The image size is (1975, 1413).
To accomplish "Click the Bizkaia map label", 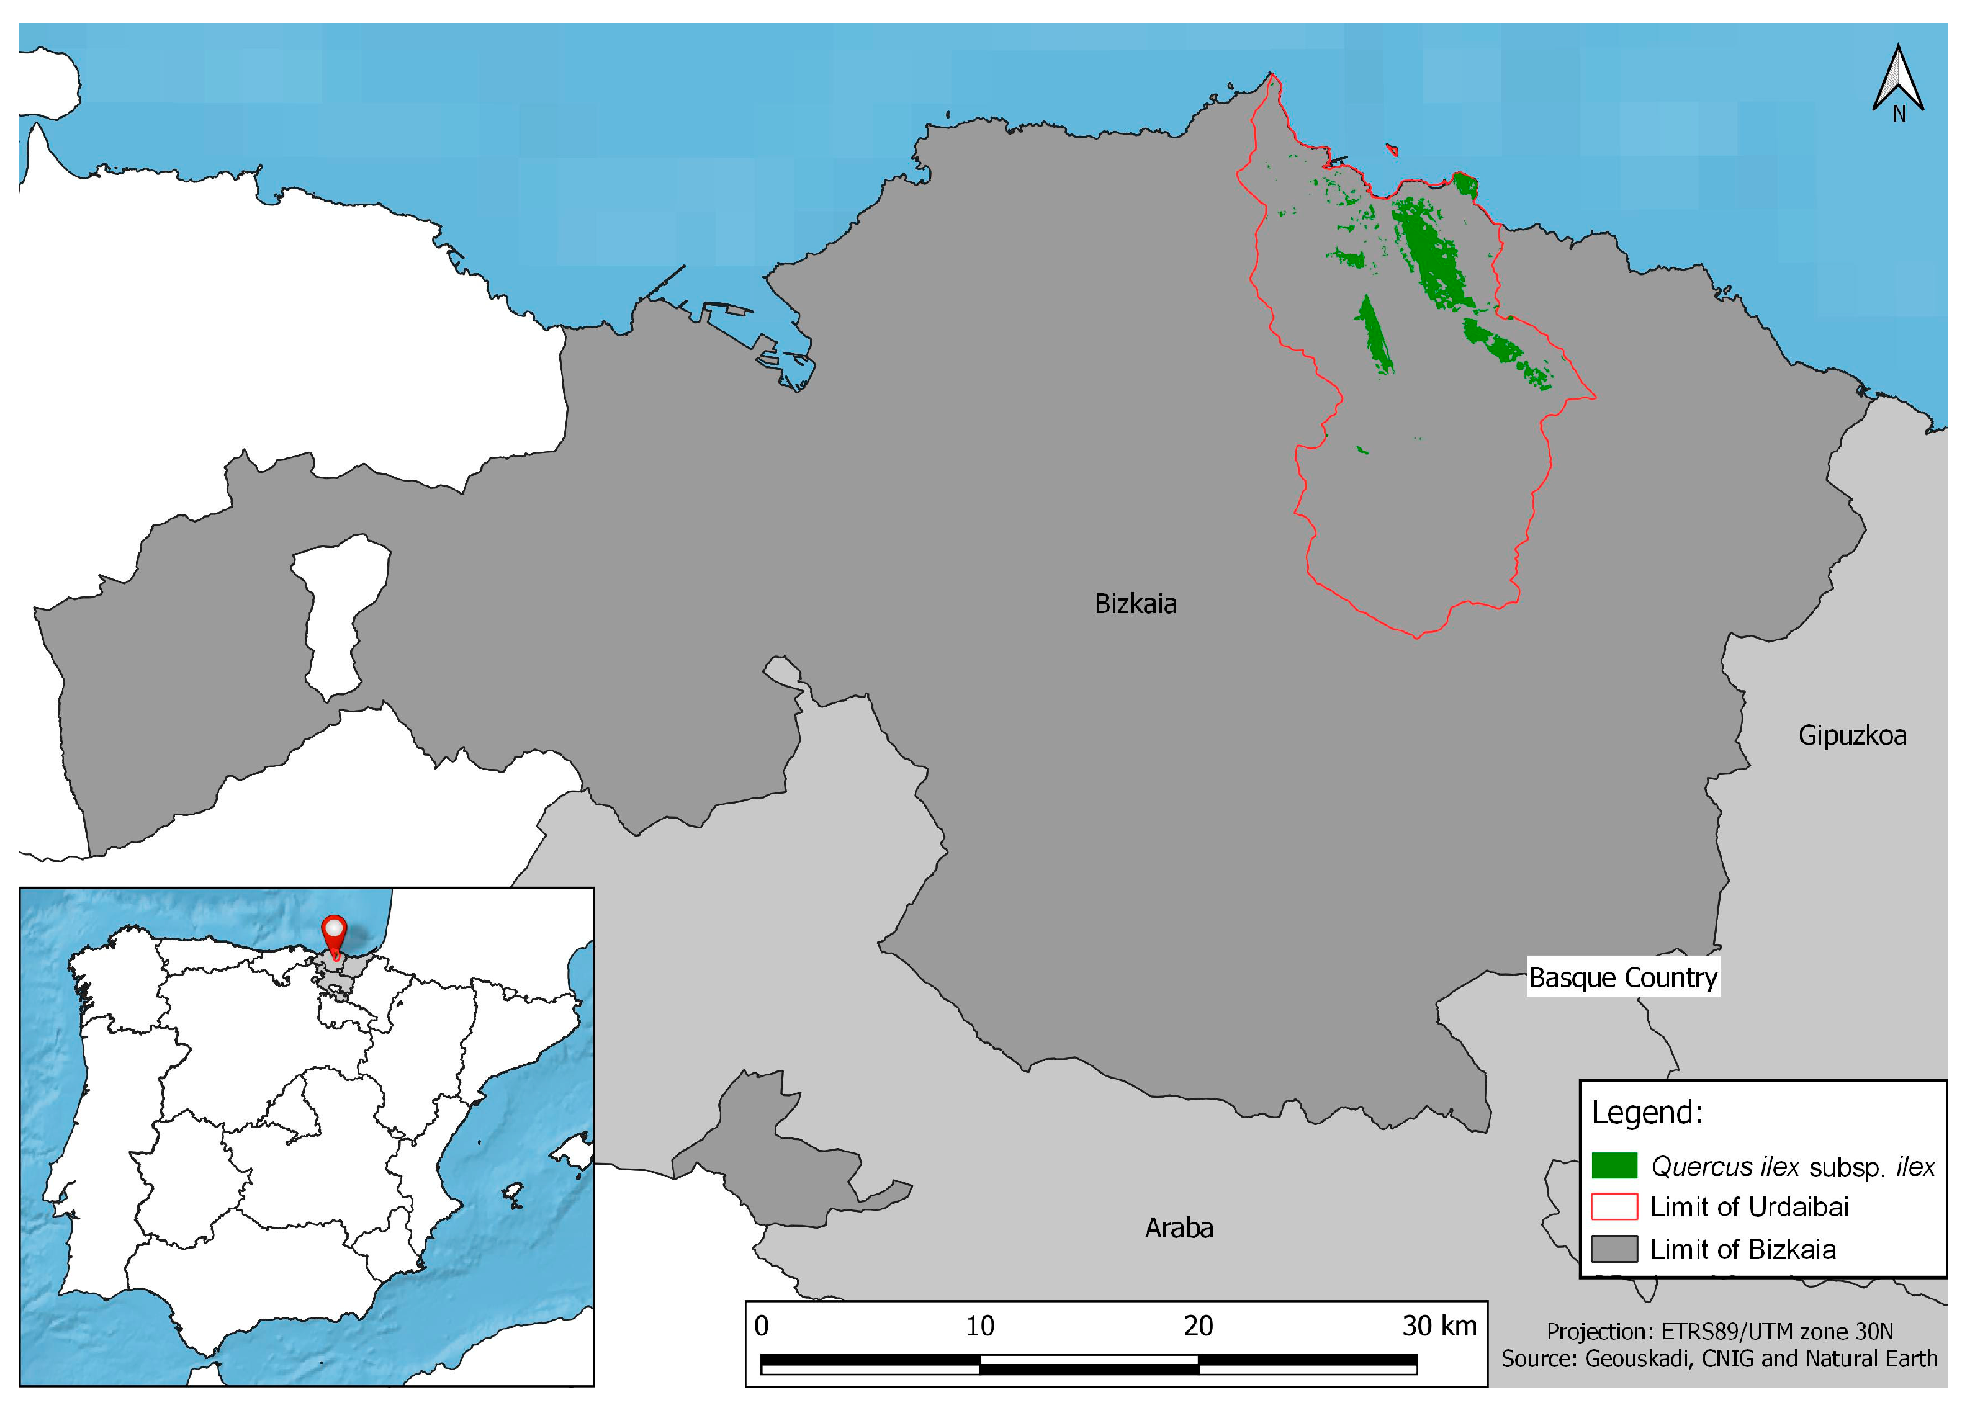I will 1135,604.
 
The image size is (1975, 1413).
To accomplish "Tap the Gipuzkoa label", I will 1852,736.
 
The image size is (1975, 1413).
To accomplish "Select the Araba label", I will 1178,1227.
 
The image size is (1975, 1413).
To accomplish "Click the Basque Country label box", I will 1622,978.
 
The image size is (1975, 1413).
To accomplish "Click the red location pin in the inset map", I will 334,935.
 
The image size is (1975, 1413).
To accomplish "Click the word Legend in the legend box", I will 1647,1113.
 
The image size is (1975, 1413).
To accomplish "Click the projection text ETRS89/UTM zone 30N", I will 1719,1331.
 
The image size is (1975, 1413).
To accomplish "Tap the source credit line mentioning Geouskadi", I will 1719,1359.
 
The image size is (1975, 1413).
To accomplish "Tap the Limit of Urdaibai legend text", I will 1749,1207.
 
